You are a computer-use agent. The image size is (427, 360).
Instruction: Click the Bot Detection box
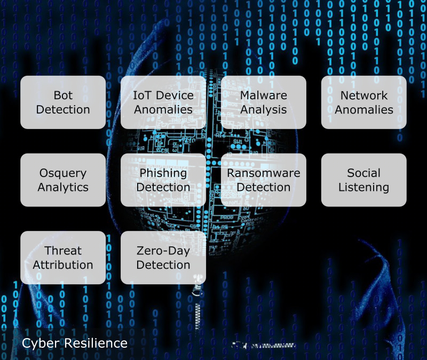(63, 102)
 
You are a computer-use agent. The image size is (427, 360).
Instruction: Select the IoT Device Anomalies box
(163, 102)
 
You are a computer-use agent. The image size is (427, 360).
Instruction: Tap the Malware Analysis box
(264, 102)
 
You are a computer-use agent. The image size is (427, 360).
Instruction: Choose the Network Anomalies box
(364, 102)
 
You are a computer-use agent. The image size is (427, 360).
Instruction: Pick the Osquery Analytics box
(63, 180)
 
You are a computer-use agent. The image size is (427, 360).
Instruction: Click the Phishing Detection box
(163, 180)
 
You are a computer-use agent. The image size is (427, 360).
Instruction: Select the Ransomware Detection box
(264, 180)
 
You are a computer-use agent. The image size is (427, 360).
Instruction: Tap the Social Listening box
(364, 180)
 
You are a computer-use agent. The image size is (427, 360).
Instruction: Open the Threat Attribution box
(63, 258)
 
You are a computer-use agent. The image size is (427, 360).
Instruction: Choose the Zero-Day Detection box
(163, 258)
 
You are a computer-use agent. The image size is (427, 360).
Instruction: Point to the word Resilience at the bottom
(96, 343)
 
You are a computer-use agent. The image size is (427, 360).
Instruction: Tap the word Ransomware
(264, 173)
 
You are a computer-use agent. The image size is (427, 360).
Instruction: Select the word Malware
(264, 95)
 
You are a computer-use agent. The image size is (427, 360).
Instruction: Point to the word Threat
(63, 251)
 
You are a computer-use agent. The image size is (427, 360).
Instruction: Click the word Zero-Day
(163, 251)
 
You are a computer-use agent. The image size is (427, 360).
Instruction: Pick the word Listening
(364, 188)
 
